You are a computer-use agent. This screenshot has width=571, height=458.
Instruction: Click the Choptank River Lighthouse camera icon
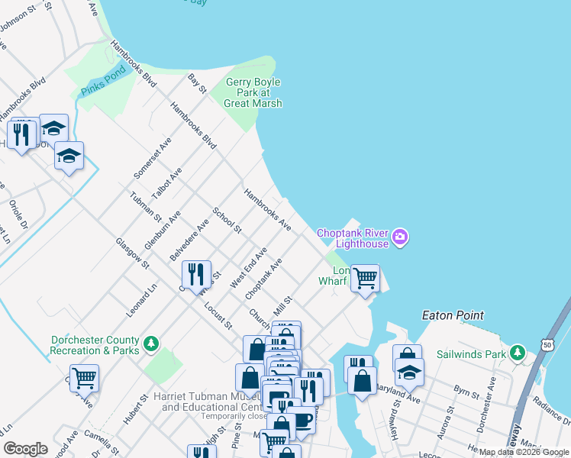399,238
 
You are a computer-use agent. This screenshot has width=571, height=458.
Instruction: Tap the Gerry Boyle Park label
253,92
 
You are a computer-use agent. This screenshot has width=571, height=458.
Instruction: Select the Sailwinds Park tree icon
518,353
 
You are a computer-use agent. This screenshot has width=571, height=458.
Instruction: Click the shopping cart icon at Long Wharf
365,278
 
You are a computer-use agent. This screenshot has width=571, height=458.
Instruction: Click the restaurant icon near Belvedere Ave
197,274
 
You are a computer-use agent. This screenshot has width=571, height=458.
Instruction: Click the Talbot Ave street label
166,184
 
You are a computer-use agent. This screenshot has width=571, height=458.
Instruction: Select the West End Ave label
249,267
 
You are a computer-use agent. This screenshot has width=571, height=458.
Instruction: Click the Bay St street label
198,84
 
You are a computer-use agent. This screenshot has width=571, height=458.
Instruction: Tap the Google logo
26,449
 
